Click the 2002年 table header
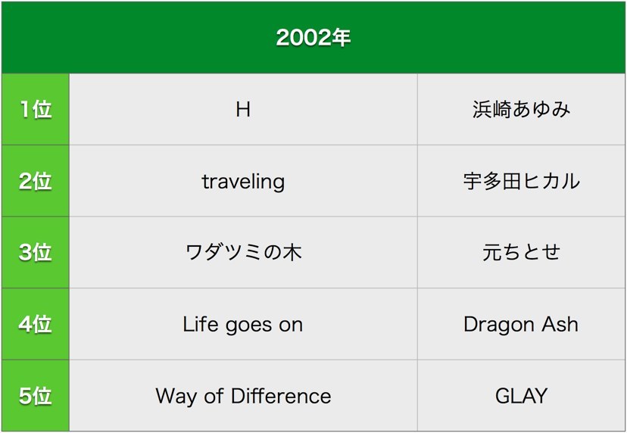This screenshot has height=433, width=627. click(313, 38)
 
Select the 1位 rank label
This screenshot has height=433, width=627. click(36, 109)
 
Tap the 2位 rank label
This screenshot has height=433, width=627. click(35, 181)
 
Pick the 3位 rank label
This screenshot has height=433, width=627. click(35, 252)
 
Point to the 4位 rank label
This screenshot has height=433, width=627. click(35, 324)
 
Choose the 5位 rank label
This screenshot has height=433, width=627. click(35, 395)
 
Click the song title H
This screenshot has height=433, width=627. click(243, 109)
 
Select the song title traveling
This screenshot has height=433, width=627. click(243, 182)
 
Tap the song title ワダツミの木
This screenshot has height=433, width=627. click(243, 253)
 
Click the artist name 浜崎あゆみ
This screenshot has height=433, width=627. click(521, 109)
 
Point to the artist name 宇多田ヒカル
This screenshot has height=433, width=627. click(521, 181)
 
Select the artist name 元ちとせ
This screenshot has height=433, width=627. click(521, 252)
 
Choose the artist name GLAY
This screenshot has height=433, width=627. click(521, 396)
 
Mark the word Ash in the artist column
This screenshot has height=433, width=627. click(560, 324)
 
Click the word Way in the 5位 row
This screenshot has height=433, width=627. click(176, 397)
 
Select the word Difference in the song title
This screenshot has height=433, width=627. click(281, 396)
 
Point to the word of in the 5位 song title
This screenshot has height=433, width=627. click(214, 396)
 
